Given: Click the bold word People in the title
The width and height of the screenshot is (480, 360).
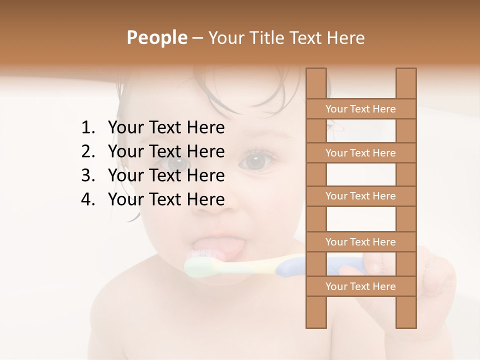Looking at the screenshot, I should [x=156, y=37].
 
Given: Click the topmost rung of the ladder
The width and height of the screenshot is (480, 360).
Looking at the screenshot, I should [x=360, y=109].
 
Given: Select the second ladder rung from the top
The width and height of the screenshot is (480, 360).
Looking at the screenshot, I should [x=360, y=153].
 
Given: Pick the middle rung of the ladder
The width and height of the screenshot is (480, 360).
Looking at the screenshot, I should [x=360, y=196].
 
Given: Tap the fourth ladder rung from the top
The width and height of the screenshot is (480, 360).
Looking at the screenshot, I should [x=360, y=242].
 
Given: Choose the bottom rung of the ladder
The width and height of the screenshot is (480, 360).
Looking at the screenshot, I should [x=360, y=286].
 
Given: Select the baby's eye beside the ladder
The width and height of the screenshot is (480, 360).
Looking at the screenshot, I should [x=256, y=161].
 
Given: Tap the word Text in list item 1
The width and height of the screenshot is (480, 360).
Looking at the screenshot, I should [x=166, y=128].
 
